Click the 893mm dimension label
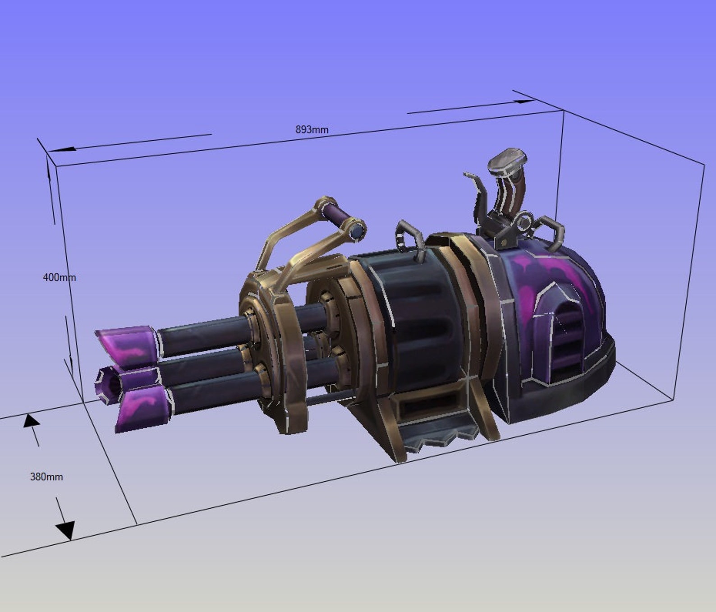click(312, 130)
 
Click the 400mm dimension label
click(59, 277)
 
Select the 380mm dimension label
click(46, 477)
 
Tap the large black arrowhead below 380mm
click(66, 530)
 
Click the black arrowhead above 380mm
click(31, 421)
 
